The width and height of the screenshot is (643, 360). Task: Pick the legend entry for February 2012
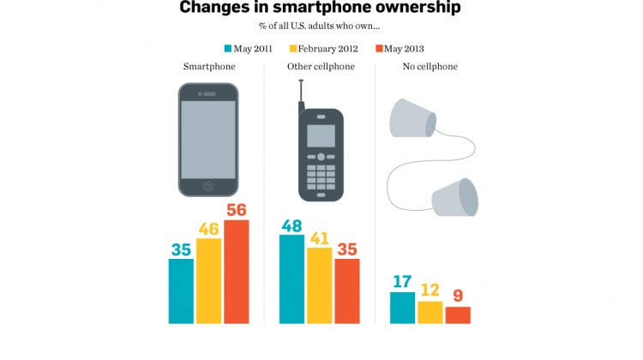(328, 48)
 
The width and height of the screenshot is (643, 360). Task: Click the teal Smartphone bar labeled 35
(181, 291)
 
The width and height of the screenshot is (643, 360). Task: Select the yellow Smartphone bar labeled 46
(208, 280)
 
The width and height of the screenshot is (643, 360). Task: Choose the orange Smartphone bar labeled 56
(236, 272)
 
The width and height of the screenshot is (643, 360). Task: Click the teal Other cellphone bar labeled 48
(291, 279)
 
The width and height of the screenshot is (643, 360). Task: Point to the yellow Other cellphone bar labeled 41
(319, 285)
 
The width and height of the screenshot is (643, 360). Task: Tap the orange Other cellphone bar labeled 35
(346, 291)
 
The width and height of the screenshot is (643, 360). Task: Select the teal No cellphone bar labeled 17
(402, 308)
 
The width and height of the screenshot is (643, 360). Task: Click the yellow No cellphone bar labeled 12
(430, 312)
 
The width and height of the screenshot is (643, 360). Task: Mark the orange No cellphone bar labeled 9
(458, 315)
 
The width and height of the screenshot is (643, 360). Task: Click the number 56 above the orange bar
(236, 210)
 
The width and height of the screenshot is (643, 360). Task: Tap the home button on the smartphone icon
(207, 186)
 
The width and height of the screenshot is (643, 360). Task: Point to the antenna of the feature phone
(301, 94)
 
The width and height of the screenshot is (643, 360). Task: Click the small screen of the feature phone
(321, 135)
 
